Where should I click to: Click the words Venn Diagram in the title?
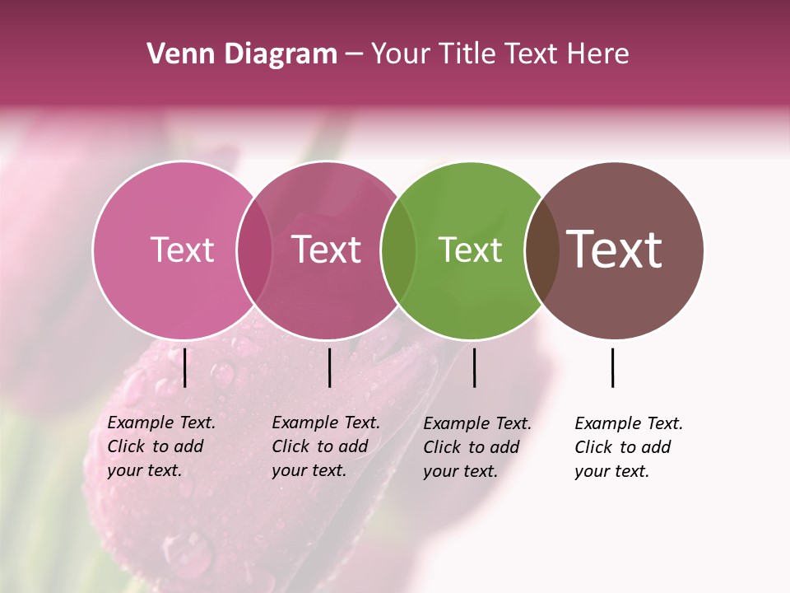pos(242,54)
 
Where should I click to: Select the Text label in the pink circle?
pos(182,250)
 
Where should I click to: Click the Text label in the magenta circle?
pos(327,250)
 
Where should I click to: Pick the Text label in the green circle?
pos(470,250)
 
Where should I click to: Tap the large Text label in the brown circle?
pos(615,249)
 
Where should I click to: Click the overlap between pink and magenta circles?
pos(254,250)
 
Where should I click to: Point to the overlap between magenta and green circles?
pos(398,250)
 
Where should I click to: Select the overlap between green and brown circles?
pos(542,250)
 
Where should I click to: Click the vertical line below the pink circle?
pos(185,367)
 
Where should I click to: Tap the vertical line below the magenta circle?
pos(329,367)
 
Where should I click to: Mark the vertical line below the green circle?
pos(474,367)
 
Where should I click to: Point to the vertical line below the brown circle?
pos(612,367)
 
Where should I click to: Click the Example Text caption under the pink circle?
pos(161,446)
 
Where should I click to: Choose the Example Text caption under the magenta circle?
pos(326,446)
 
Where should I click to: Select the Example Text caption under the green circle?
pos(477,447)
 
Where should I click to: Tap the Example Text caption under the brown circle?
pos(629,447)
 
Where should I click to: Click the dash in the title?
pos(354,55)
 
